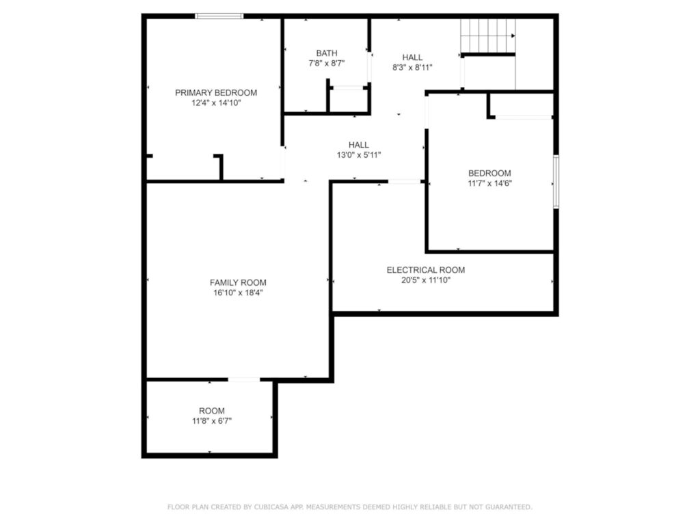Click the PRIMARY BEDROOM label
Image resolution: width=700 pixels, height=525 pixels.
pyautogui.click(x=216, y=93)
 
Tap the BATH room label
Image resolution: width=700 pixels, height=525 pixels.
pyautogui.click(x=326, y=53)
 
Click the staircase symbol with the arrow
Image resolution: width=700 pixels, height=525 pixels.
pyautogui.click(x=487, y=36)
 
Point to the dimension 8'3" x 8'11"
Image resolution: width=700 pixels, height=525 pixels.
pyautogui.click(x=412, y=67)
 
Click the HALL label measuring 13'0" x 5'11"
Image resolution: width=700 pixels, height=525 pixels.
pyautogui.click(x=358, y=145)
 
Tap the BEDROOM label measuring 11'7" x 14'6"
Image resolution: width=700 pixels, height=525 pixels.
pyautogui.click(x=489, y=173)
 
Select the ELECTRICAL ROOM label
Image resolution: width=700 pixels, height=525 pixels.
pyautogui.click(x=425, y=270)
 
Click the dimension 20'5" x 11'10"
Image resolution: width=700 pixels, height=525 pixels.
pyautogui.click(x=425, y=280)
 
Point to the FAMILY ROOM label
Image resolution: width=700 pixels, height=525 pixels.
pyautogui.click(x=238, y=282)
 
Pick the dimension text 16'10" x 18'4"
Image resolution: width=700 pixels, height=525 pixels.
pyautogui.click(x=238, y=293)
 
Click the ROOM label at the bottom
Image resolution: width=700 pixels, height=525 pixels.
pyautogui.click(x=212, y=411)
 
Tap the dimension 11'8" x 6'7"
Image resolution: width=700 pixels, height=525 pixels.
pyautogui.click(x=212, y=421)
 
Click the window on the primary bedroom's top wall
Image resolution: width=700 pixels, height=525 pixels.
pyautogui.click(x=219, y=16)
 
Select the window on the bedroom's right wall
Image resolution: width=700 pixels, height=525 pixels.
pyautogui.click(x=556, y=182)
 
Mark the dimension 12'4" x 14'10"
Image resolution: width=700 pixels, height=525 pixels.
pyautogui.click(x=216, y=103)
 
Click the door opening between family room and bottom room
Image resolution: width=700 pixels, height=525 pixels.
pyautogui.click(x=243, y=379)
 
